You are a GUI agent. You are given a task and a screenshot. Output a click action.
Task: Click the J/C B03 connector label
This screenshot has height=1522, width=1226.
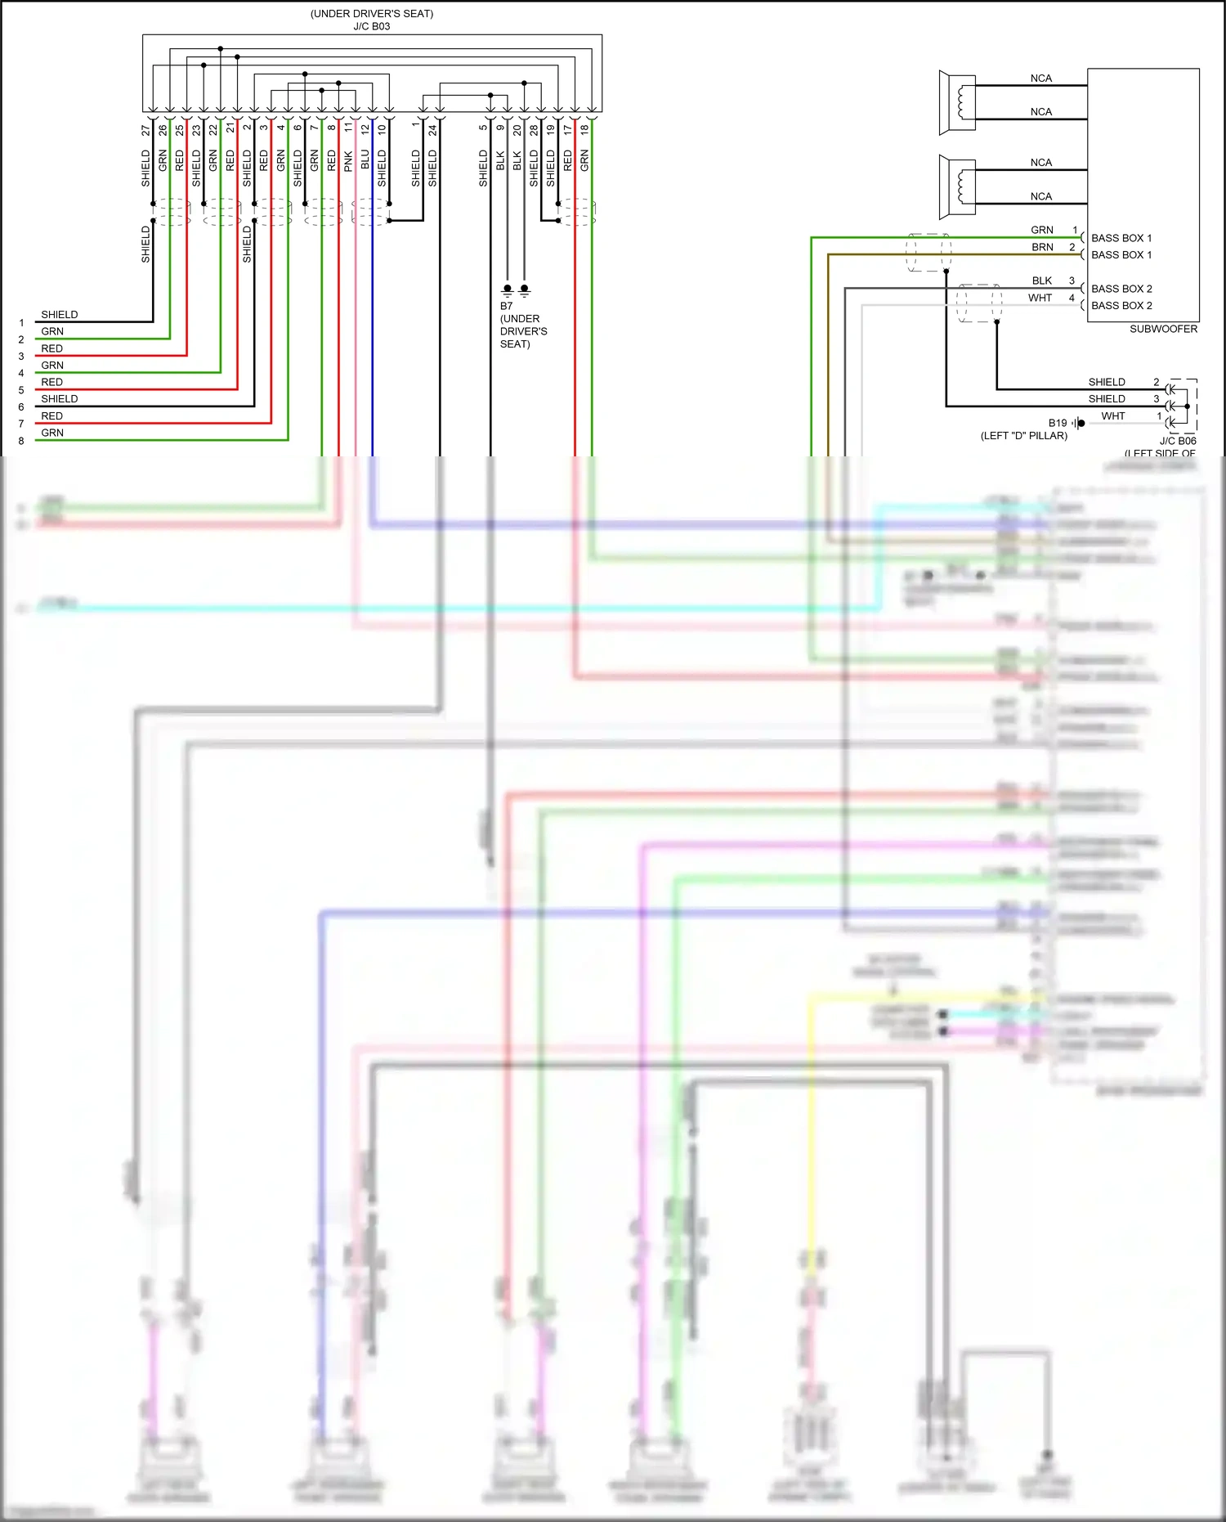pyautogui.click(x=371, y=26)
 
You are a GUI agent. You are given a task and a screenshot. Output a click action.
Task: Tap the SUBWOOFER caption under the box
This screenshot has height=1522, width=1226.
pyautogui.click(x=1163, y=329)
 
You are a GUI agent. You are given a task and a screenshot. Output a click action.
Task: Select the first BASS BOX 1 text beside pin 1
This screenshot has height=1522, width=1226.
pyautogui.click(x=1121, y=238)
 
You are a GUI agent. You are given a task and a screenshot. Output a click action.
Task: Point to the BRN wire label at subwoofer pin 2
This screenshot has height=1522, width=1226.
pyautogui.click(x=1042, y=247)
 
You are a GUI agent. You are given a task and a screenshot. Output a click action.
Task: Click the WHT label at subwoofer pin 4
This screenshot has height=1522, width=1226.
pyautogui.click(x=1040, y=298)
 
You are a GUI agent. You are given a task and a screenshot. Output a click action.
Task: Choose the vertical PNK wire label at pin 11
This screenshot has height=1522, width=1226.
pyautogui.click(x=348, y=161)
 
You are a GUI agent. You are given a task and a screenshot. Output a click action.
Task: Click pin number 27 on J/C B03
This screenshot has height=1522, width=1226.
pyautogui.click(x=145, y=129)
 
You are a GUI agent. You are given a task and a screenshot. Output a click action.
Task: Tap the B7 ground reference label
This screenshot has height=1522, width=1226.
pyautogui.click(x=507, y=306)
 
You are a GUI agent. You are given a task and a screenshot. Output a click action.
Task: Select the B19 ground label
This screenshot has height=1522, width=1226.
pyautogui.click(x=1057, y=423)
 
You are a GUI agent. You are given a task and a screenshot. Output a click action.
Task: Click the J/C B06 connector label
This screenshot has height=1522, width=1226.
pyautogui.click(x=1177, y=441)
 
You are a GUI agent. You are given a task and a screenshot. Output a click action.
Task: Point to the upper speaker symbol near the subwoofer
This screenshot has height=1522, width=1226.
pyautogui.click(x=958, y=102)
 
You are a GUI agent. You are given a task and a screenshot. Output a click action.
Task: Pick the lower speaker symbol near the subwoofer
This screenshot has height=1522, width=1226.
pyautogui.click(x=958, y=186)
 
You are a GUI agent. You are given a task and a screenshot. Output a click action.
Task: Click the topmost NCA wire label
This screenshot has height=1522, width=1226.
pyautogui.click(x=1040, y=79)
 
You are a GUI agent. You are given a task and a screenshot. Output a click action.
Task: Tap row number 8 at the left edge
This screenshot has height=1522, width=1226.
pyautogui.click(x=21, y=441)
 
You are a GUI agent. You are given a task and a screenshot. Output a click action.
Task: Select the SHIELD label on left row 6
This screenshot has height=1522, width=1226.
pyautogui.click(x=60, y=399)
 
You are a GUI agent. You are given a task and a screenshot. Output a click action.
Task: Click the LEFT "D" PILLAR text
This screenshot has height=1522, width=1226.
pyautogui.click(x=1023, y=436)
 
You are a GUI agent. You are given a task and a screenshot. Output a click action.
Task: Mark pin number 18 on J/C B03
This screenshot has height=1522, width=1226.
pyautogui.click(x=584, y=129)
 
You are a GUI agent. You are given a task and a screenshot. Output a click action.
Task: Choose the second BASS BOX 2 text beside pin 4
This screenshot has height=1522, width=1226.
pyautogui.click(x=1121, y=306)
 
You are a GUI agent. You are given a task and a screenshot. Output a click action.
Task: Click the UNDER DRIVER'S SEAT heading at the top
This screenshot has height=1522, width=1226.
pyautogui.click(x=371, y=14)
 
